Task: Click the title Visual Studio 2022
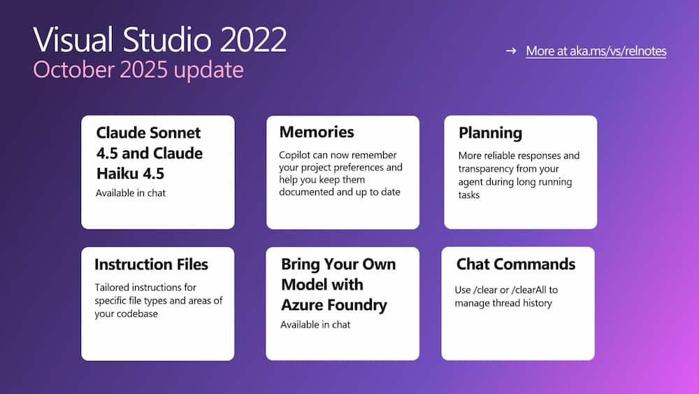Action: pos(159,40)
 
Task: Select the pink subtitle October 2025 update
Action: pos(138,70)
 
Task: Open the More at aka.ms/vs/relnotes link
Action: pos(596,50)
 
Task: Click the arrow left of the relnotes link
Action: pos(511,50)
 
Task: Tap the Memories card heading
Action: pos(317,132)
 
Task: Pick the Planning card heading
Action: pos(490,132)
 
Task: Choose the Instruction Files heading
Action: pos(151,265)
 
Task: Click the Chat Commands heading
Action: pos(516,264)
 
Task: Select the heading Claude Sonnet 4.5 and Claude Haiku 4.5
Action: pos(149,153)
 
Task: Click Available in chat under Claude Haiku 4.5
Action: pos(131,192)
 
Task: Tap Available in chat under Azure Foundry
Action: pos(315,325)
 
